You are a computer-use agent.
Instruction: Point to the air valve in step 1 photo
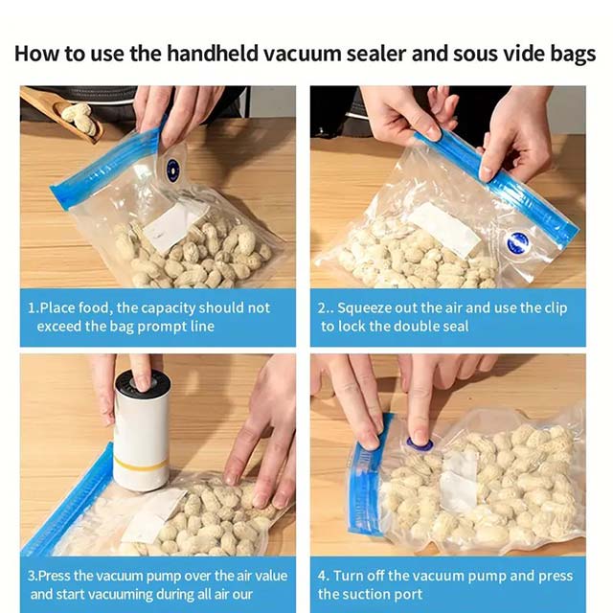coord(172,170)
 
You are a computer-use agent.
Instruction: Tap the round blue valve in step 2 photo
coord(518,243)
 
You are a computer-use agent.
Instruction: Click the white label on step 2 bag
coord(443,230)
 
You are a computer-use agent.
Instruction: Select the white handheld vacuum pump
coord(141,431)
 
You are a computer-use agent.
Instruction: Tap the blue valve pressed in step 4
coord(419,444)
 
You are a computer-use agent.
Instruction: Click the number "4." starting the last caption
coord(324,576)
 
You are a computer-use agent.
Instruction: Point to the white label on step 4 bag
coord(459,479)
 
